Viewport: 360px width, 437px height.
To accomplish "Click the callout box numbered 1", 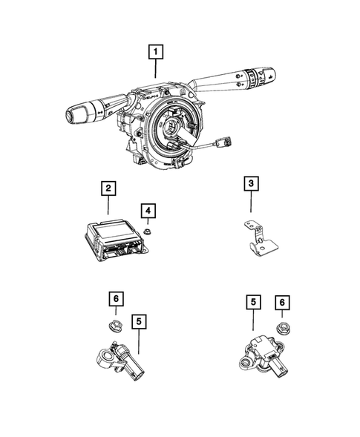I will coord(155,52).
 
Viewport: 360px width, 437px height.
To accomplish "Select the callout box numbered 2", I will coord(108,189).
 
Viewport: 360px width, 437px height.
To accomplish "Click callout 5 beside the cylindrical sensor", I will coord(139,321).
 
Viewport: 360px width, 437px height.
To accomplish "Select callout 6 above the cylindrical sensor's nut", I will coord(115,299).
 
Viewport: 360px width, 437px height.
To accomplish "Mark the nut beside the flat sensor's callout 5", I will coord(282,328).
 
